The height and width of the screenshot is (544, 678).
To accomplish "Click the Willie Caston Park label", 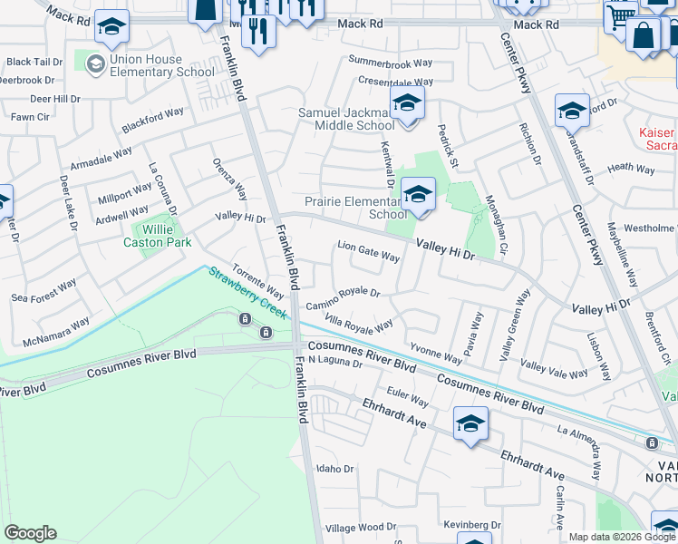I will (158, 236).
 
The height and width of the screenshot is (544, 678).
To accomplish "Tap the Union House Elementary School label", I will (161, 65).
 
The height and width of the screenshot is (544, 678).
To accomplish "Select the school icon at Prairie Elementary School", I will (418, 195).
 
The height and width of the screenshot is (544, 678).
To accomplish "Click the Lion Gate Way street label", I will (368, 251).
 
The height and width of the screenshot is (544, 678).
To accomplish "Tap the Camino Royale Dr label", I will (342, 298).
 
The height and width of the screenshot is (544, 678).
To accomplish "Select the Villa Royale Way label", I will (359, 324).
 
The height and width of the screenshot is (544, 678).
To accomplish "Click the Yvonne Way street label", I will (436, 354).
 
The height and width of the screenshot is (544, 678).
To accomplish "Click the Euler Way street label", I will (407, 396).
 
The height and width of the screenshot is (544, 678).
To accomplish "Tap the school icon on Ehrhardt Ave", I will (470, 424).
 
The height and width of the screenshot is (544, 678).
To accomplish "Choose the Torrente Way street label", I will (259, 281).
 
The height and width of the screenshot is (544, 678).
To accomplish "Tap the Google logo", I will (30, 532).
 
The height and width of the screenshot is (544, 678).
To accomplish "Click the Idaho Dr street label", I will (333, 468).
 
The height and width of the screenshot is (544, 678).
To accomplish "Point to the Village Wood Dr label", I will (354, 528).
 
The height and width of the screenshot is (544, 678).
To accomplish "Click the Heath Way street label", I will (631, 168).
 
